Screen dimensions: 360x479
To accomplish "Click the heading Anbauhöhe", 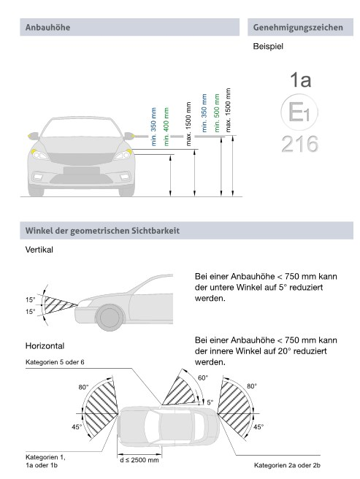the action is pyautogui.click(x=47, y=27).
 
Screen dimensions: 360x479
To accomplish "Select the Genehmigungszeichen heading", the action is pyautogui.click(x=298, y=28).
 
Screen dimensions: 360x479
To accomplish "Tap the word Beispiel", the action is pyautogui.click(x=268, y=47).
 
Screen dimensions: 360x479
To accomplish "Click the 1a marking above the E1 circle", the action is pyautogui.click(x=300, y=80).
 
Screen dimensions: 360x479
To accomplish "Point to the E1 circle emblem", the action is pyautogui.click(x=299, y=112).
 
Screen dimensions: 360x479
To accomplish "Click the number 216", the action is pyautogui.click(x=300, y=144).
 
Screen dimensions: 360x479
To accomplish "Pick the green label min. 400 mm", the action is pyautogui.click(x=166, y=126).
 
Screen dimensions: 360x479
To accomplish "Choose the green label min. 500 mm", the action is pyautogui.click(x=217, y=112).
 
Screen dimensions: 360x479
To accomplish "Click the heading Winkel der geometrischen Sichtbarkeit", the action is pyautogui.click(x=102, y=231).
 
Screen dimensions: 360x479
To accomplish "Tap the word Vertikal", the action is pyautogui.click(x=39, y=250).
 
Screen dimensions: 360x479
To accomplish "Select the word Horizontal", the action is pyautogui.click(x=45, y=346).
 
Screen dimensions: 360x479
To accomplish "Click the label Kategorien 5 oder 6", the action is pyautogui.click(x=55, y=362).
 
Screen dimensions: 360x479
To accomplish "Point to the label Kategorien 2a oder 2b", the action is pyautogui.click(x=287, y=465).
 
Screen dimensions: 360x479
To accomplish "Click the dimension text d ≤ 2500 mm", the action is pyautogui.click(x=139, y=460).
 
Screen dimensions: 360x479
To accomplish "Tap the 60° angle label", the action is pyautogui.click(x=203, y=378).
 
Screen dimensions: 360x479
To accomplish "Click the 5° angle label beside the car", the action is pyautogui.click(x=210, y=402).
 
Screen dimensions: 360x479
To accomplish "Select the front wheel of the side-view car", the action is pyautogui.click(x=110, y=318).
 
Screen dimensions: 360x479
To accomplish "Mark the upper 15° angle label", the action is pyautogui.click(x=30, y=299).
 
